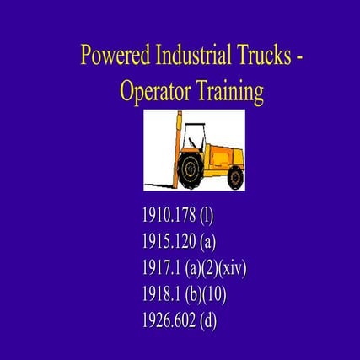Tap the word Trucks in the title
pos(261,56)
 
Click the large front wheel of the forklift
pos(191,169)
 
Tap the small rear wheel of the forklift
pos(234,178)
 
